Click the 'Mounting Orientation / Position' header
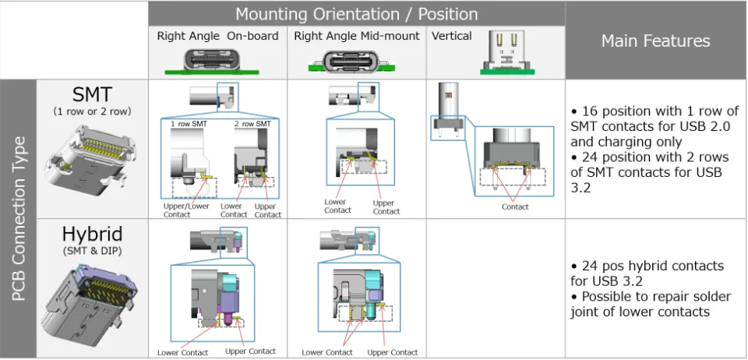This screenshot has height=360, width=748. click(356, 14)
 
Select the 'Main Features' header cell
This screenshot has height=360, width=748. click(655, 41)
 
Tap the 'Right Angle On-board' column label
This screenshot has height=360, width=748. click(217, 36)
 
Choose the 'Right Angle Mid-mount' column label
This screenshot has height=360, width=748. click(357, 36)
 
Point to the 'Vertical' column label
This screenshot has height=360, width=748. click(452, 36)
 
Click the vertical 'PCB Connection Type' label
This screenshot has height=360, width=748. click(19, 219)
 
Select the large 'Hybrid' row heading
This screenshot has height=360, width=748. click(92, 235)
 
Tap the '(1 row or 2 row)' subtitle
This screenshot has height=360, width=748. click(92, 111)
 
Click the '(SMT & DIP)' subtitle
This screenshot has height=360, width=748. click(92, 251)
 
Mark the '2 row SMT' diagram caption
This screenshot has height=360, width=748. click(251, 124)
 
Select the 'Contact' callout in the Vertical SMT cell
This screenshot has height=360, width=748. click(515, 206)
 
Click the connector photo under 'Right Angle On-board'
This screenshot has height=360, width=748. click(217, 61)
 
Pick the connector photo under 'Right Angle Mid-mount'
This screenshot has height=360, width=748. click(357, 61)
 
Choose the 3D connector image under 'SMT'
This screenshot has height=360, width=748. click(92, 156)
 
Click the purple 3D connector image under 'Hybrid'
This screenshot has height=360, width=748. click(92, 304)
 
